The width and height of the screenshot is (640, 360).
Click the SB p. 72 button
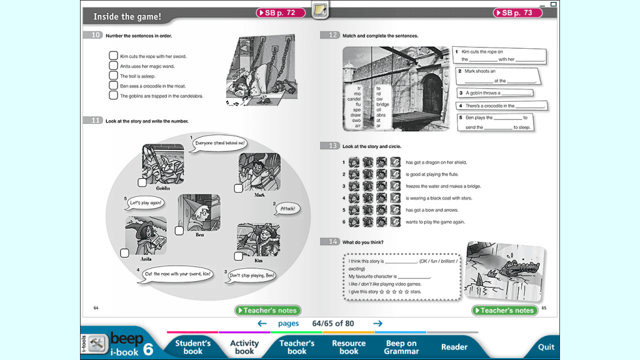[x=281, y=12]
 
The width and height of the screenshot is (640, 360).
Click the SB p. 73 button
[x=517, y=12]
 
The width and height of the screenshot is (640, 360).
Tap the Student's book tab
[x=192, y=347]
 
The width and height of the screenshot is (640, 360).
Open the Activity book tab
[x=244, y=347]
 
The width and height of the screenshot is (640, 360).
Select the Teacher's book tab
[x=297, y=347]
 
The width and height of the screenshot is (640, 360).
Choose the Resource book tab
[x=349, y=347]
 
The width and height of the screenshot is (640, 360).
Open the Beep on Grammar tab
[x=401, y=347]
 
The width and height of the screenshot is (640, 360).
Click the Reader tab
[x=454, y=347]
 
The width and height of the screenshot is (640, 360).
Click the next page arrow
[x=377, y=323]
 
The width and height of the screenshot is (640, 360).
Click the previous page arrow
[x=262, y=323]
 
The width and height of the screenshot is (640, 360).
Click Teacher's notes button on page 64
[x=268, y=311]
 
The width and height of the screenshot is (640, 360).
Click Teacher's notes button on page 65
[x=505, y=311]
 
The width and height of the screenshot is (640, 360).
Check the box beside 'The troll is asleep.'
[x=114, y=76]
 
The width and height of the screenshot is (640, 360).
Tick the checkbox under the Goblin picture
[x=142, y=182]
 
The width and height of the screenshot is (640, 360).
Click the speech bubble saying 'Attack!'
[x=287, y=209]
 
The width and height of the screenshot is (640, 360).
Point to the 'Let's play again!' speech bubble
[x=146, y=203]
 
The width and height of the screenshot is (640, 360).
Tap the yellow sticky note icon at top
[x=320, y=10]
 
